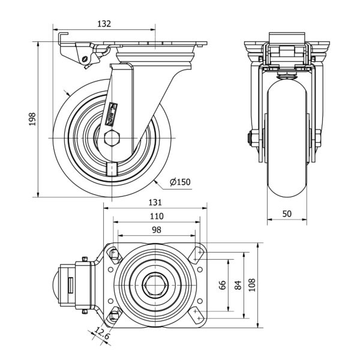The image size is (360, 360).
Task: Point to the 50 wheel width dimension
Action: click(x=287, y=214)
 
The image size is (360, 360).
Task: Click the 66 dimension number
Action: click(x=222, y=286)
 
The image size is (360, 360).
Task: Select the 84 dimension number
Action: click(x=238, y=286)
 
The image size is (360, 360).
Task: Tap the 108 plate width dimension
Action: click(x=252, y=286)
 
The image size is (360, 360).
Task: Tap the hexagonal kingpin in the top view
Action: click(x=157, y=286)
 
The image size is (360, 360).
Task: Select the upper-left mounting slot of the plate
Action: click(x=115, y=255)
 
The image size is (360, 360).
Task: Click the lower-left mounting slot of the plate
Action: click(x=115, y=316)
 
